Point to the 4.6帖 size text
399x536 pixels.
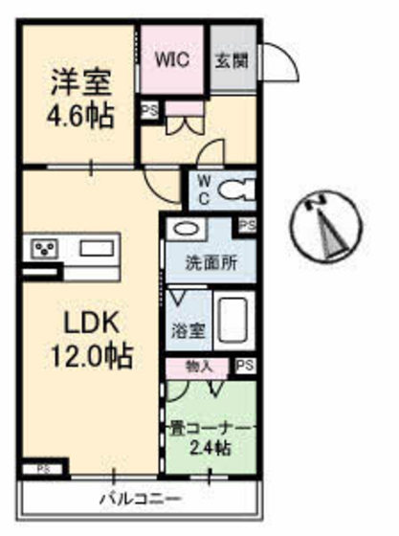[80, 117]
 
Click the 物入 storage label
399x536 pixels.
[200, 365]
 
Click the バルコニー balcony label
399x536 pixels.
[141, 498]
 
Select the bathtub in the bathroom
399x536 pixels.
[233, 322]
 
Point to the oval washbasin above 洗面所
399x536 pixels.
[186, 231]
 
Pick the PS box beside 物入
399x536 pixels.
[245, 366]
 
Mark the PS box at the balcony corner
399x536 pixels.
[44, 469]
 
